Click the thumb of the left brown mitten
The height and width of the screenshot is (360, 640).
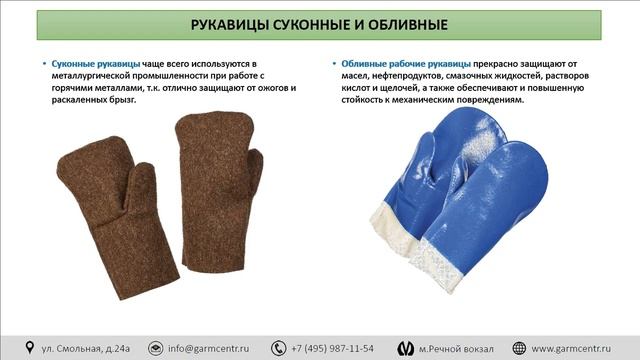tap(135, 186)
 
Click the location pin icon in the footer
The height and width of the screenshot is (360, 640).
tap(30, 347)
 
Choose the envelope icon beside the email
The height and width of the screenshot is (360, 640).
tap(155, 347)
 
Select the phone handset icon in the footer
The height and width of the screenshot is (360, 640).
tap(278, 347)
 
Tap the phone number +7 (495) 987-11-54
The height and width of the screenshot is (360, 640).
tap(334, 347)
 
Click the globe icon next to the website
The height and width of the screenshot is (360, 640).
tap(520, 347)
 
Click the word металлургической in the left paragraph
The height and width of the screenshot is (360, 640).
tap(96, 76)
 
